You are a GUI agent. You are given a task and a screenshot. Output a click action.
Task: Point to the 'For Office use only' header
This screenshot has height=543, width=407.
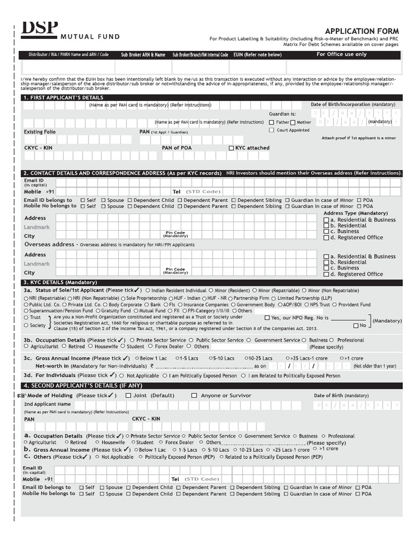coord(341,55)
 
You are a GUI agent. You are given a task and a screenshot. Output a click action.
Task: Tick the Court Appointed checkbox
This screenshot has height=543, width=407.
coord(272,130)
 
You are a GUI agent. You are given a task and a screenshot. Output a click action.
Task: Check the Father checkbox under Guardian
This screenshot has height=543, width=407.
coord(272,122)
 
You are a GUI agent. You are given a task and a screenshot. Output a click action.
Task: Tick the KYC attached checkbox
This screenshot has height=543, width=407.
coord(231,148)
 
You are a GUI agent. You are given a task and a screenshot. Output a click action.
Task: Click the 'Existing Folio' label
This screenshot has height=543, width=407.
coord(40,132)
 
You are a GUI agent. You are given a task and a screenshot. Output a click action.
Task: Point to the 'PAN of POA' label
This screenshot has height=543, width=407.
coord(177,148)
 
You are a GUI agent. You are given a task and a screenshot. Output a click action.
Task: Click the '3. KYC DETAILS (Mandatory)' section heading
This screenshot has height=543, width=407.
coord(60,283)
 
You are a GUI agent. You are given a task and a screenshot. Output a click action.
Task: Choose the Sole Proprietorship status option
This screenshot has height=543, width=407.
coord(123,298)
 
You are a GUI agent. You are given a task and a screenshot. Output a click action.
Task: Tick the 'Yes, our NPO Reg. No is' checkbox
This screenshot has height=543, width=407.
coord(267,318)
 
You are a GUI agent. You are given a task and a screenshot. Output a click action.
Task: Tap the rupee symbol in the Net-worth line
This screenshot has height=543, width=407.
coord(152,366)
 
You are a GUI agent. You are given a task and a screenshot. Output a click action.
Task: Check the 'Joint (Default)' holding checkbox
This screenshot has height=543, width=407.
coord(128,396)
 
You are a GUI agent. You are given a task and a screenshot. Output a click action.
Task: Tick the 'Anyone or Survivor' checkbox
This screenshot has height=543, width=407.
coord(194,396)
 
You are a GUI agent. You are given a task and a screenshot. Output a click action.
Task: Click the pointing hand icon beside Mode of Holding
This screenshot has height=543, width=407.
coord(22,396)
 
